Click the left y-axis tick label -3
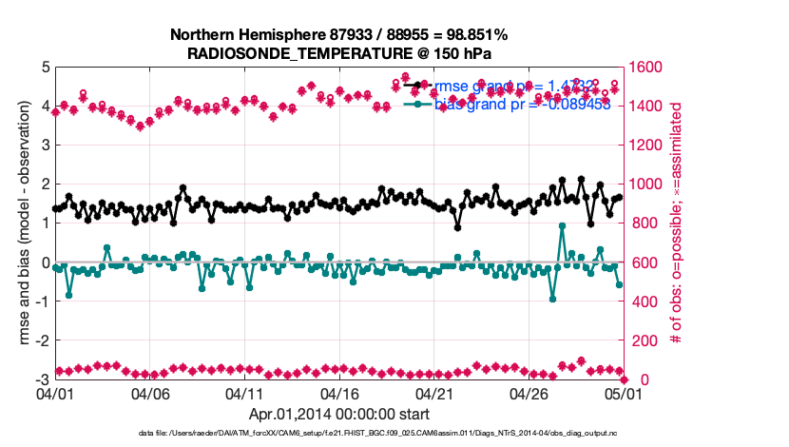coord(44,379)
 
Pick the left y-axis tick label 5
coord(47,68)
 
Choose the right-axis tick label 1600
coord(650,68)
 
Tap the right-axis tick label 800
coord(646,223)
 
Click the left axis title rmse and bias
coord(27,223)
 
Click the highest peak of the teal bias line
coord(562,226)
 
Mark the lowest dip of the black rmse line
coord(457,227)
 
